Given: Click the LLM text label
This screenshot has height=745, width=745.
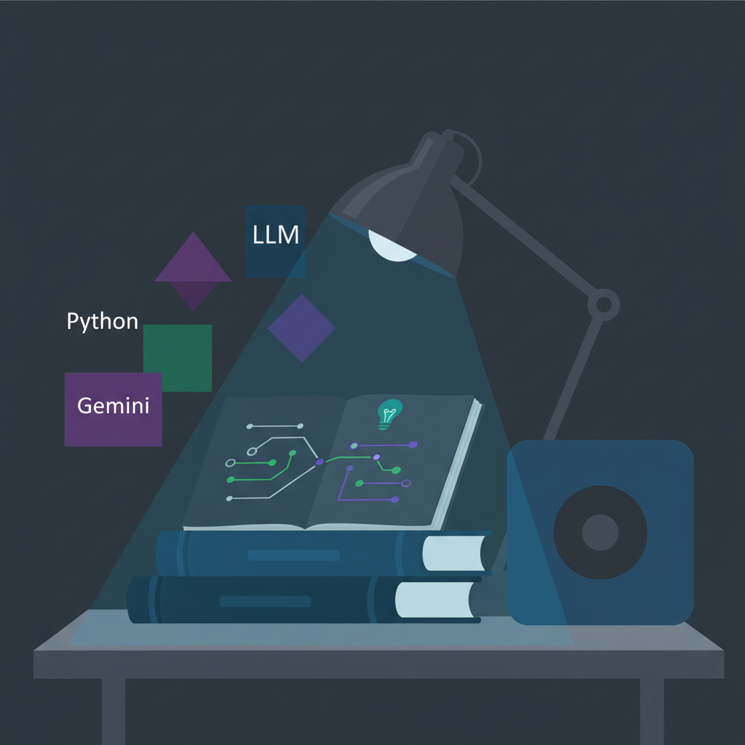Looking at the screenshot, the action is coord(276,236).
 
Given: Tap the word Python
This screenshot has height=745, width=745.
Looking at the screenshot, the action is coord(102,322).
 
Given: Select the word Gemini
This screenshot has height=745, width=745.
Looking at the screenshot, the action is coord(113,405).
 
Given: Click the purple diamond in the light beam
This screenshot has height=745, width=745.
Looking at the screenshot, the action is coord(301,328).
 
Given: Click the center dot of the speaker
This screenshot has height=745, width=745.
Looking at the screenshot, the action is coord(600,533).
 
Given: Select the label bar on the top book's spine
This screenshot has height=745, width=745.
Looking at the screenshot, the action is coord(293,556).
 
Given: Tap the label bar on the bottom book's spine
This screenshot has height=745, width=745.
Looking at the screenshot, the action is coord(265,602).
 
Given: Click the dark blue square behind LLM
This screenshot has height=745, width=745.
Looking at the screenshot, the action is coord(275,262).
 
